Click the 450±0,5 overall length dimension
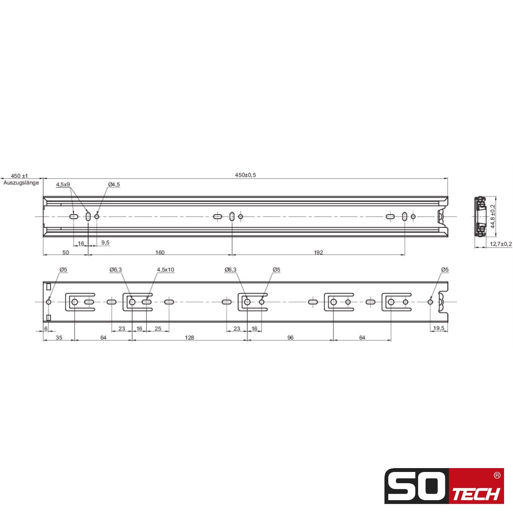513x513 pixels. coord(246,175)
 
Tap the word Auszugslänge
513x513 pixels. coord(21,183)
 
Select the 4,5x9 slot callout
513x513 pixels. coord(63,184)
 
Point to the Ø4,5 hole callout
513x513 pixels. coord(114,184)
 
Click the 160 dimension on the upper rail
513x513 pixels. coord(160,252)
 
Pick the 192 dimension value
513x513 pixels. coord(318,252)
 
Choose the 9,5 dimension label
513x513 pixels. coord(105,242)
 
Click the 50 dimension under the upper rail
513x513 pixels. coord(65,252)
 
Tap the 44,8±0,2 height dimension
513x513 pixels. coord(493,216)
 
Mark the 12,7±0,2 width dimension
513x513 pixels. coord(501,244)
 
